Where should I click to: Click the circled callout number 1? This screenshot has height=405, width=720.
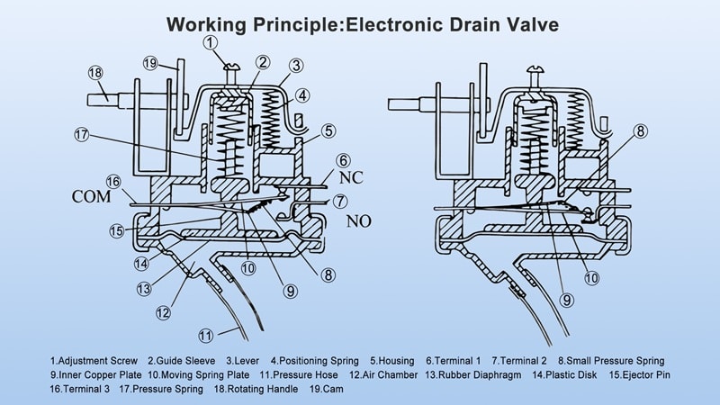point(209,41)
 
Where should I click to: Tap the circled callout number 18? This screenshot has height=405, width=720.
point(95,73)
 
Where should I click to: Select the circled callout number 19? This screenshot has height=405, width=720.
point(151,63)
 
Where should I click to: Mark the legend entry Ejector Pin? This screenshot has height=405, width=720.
point(642,374)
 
